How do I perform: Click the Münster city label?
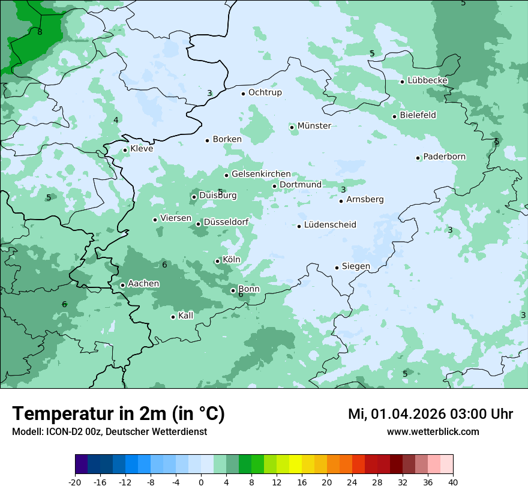click(x=314, y=126)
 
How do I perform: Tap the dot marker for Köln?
click(x=218, y=261)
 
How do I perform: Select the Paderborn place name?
click(x=444, y=157)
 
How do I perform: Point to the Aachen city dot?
click(x=122, y=285)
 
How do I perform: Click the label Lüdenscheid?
click(x=330, y=225)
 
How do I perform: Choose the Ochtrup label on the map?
click(x=265, y=92)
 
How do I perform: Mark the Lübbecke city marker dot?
click(x=402, y=82)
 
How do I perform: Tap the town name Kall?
click(x=185, y=316)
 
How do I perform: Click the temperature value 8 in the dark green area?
click(x=40, y=32)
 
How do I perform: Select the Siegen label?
click(x=356, y=266)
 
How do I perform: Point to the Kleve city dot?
click(x=125, y=150)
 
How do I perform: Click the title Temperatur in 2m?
click(x=118, y=413)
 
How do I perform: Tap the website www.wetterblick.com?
click(x=433, y=431)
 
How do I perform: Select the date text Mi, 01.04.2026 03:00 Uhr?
click(x=430, y=414)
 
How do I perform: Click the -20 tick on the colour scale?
click(x=75, y=482)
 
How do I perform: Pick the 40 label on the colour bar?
click(x=452, y=482)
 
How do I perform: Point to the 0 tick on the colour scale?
click(x=201, y=482)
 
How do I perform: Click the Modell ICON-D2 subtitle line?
click(x=109, y=431)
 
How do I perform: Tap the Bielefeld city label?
click(x=418, y=115)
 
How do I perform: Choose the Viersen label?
click(x=176, y=218)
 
